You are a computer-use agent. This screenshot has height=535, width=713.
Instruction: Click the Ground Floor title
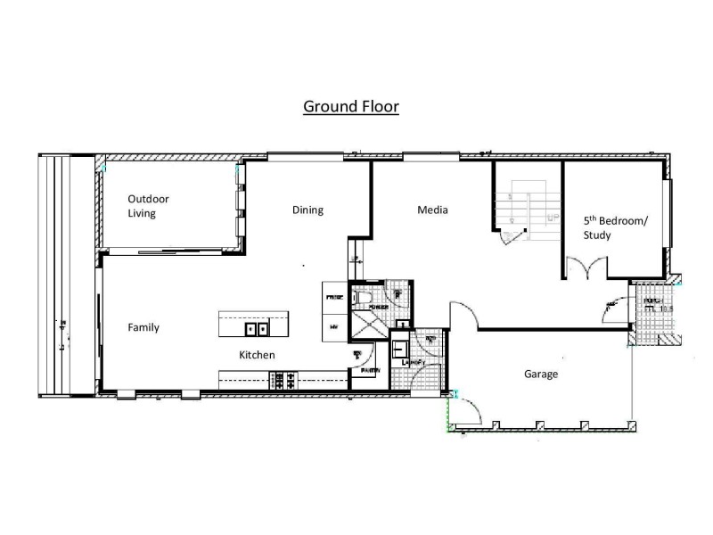[350, 107]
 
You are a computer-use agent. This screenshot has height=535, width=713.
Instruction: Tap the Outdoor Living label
[148, 206]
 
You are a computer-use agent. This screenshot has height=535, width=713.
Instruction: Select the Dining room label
[307, 210]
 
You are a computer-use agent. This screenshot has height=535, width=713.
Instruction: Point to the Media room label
[432, 210]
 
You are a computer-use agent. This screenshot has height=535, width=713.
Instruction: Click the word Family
[143, 327]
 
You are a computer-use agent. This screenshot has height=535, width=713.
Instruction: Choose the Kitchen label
[257, 355]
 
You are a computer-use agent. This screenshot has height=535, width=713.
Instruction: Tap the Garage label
[540, 374]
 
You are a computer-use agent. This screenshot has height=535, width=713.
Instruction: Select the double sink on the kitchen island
[258, 329]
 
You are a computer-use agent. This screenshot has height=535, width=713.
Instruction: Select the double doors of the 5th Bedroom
[585, 267]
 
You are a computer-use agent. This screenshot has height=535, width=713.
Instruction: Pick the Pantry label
[371, 370]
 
